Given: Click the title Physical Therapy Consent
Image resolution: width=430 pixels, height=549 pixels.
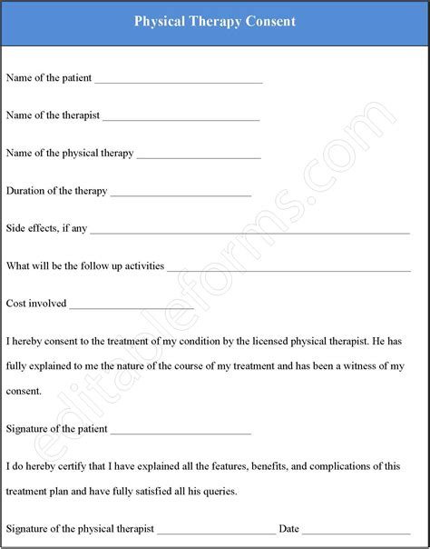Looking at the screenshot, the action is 215,21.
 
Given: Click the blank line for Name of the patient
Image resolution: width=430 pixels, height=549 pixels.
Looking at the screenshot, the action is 178,81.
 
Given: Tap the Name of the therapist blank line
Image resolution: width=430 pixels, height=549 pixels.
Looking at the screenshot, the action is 181,118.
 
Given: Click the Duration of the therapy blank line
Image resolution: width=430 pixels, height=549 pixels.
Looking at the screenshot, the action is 181,194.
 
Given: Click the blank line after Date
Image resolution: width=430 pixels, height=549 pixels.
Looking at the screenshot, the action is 356,531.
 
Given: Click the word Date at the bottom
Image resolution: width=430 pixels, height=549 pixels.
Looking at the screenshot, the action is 288,528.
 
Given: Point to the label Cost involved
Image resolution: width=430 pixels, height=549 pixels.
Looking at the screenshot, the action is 36,304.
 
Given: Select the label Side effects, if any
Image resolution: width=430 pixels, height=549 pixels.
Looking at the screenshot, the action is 46,228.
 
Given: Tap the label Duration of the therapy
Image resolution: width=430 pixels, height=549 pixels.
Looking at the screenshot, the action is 56,191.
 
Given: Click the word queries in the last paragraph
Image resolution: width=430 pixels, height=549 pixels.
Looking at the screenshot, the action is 218,491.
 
